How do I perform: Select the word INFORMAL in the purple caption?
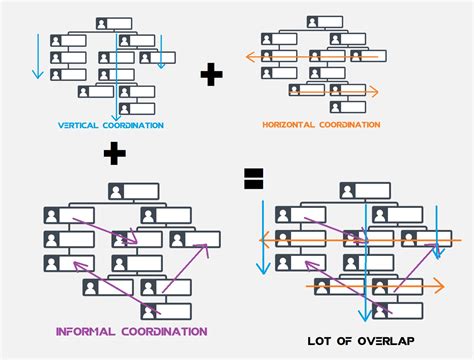(85, 330)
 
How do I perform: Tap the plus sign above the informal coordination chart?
(116, 153)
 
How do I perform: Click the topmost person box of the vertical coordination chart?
(114, 22)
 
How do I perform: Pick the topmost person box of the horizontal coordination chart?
(324, 22)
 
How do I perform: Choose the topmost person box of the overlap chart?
(360, 189)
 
